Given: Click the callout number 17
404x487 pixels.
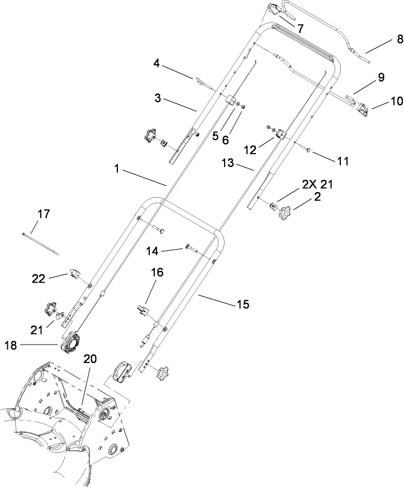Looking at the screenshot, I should (x=44, y=213).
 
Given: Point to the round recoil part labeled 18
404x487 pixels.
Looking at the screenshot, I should (x=72, y=340).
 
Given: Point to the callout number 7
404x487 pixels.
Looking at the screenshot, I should (x=300, y=28).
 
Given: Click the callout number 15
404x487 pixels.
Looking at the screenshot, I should (x=243, y=304).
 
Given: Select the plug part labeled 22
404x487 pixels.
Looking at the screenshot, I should (x=74, y=274).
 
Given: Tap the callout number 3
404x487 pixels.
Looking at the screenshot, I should (x=158, y=98).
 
